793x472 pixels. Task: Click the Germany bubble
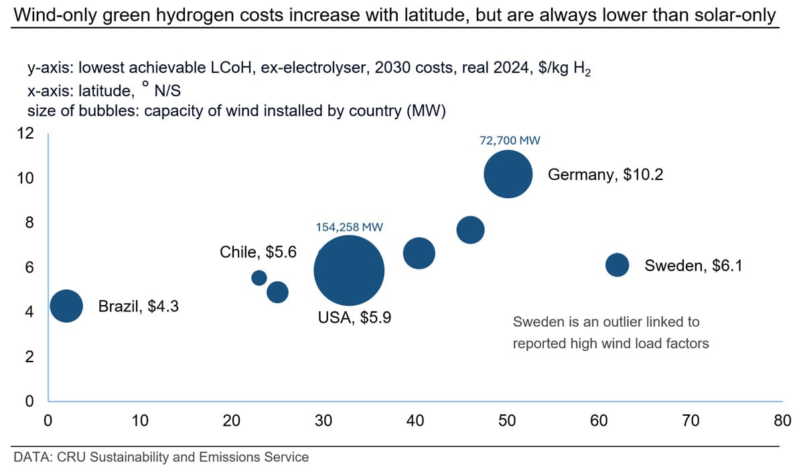(508, 174)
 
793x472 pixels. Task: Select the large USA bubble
(349, 270)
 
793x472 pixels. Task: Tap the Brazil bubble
(66, 306)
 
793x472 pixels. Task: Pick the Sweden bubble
(617, 265)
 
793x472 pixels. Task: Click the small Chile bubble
(259, 277)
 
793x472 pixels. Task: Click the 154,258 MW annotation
(349, 227)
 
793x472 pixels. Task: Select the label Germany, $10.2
(605, 175)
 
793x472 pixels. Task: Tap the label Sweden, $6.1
(694, 266)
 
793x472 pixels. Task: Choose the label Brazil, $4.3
(139, 307)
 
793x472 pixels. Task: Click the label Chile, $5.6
(258, 252)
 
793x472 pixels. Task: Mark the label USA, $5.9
(354, 317)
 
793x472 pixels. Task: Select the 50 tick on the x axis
(507, 421)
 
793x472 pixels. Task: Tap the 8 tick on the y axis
(29, 223)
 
